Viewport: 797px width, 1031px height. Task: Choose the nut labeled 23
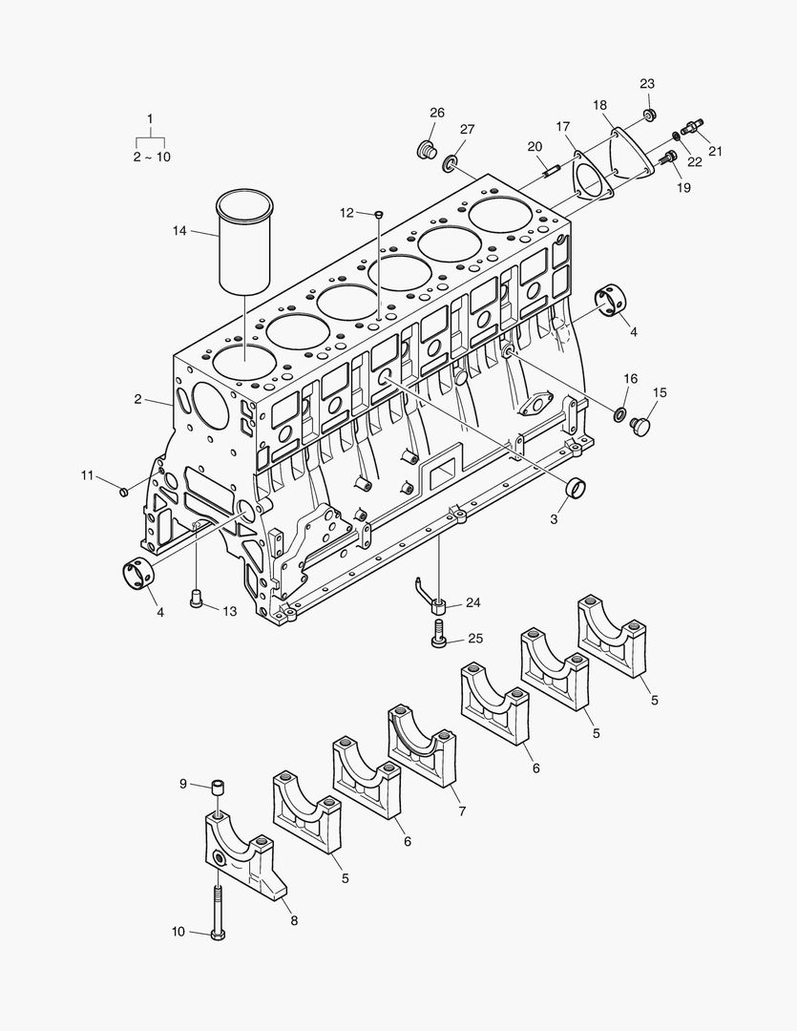point(649,116)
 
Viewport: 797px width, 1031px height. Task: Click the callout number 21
point(715,150)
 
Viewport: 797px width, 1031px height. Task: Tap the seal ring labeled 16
point(618,414)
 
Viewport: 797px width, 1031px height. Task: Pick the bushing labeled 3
point(576,487)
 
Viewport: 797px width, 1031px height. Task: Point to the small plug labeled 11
point(123,491)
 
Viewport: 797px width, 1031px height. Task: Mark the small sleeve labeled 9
point(219,787)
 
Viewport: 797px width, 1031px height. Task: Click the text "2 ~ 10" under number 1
point(152,157)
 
